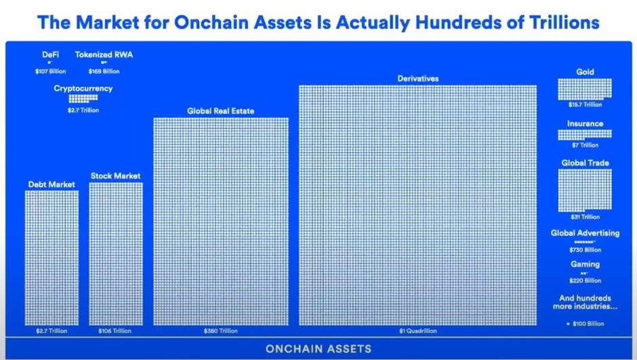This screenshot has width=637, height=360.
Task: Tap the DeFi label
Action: (50, 54)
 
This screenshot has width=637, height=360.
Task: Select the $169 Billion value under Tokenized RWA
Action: (104, 71)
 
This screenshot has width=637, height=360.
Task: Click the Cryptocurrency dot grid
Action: (83, 98)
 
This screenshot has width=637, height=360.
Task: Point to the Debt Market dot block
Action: (52, 258)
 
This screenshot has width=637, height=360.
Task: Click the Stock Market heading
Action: (115, 176)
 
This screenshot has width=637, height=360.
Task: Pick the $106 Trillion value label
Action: (115, 331)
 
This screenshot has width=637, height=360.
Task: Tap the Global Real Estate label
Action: (221, 111)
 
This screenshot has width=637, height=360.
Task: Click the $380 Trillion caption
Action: (221, 331)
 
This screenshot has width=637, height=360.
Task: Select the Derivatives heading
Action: (418, 79)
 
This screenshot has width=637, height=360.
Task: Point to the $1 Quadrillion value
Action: (418, 331)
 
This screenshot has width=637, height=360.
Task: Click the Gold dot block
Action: (585, 89)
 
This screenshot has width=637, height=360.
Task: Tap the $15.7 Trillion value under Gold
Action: (585, 104)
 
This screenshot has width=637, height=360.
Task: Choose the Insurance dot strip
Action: (585, 134)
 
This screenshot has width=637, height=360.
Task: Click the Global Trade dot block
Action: (585, 190)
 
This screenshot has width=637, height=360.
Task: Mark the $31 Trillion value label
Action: (585, 217)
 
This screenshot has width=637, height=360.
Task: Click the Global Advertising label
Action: (585, 233)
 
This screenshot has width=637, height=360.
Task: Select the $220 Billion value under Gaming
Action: (585, 281)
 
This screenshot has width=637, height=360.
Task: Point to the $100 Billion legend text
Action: (588, 324)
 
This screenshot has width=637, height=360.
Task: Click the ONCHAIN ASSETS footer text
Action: (318, 348)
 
